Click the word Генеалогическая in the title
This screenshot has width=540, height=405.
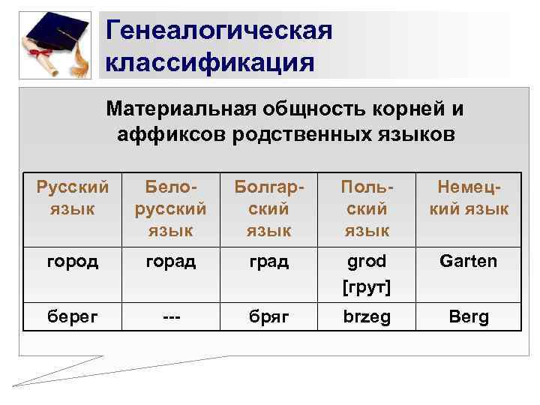coord(218,31)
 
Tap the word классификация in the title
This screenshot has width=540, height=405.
coord(210,61)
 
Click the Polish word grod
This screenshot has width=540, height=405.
coord(367,261)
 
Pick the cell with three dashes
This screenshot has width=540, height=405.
coord(170,316)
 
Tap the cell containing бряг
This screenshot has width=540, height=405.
coord(268,316)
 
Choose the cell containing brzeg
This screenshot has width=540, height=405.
coord(367,316)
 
